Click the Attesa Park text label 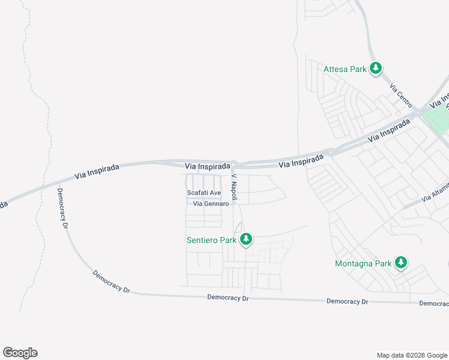coord(345,69)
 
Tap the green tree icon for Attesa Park coord(376,68)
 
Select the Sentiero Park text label coord(211,240)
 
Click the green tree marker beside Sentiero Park coord(246,239)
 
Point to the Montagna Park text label coord(363,263)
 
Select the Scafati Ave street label coord(204,193)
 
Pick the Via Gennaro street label coord(211,203)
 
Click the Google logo coord(20,353)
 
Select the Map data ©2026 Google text coord(411,355)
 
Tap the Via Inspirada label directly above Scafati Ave coord(208,166)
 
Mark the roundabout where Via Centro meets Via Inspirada coord(416,112)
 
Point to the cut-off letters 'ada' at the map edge coord(3,204)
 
